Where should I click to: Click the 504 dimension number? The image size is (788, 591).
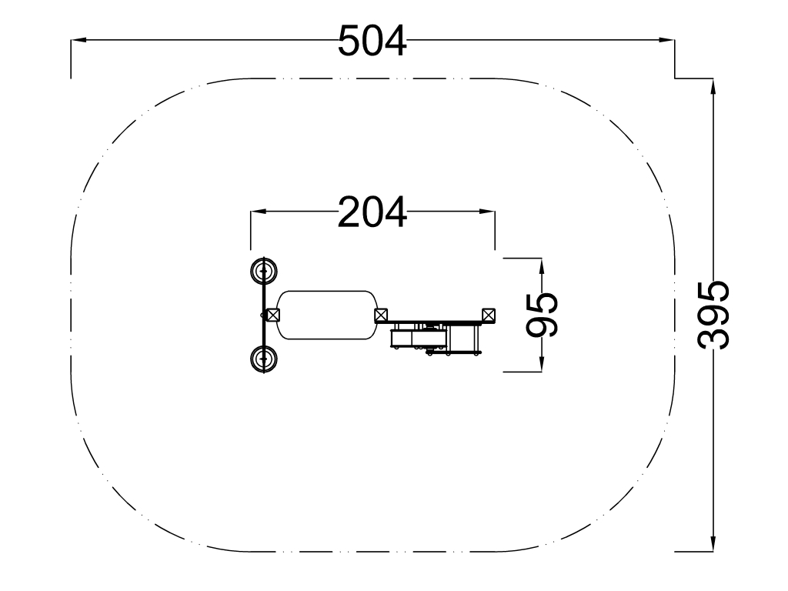pos(372,41)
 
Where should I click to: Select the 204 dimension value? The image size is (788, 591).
pos(372,212)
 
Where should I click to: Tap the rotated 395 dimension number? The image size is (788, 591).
pos(713,315)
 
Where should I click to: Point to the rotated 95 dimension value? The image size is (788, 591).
pos(542,315)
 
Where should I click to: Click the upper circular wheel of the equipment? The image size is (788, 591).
pos(264,271)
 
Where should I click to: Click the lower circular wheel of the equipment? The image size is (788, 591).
pos(264,359)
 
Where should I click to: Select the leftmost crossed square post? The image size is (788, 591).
pos(273,316)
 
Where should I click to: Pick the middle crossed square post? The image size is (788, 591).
pos(381,316)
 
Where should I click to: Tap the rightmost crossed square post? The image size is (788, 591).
pos(489,316)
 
